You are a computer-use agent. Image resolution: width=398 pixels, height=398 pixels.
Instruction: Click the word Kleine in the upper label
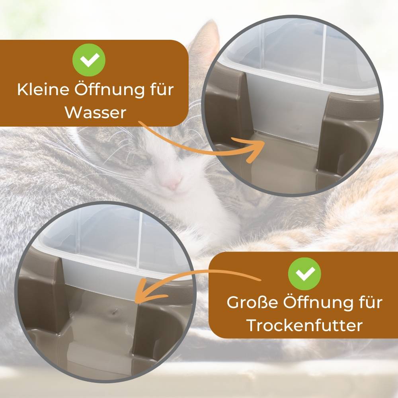point(42,90)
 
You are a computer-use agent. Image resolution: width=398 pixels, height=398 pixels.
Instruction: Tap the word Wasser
point(95,113)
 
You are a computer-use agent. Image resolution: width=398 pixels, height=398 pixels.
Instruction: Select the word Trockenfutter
point(304,325)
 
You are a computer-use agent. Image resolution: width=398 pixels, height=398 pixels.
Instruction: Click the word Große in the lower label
point(252,302)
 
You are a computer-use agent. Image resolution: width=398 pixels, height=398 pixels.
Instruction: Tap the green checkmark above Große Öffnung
point(304,273)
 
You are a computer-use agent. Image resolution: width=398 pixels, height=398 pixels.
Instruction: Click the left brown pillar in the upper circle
point(229,107)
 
